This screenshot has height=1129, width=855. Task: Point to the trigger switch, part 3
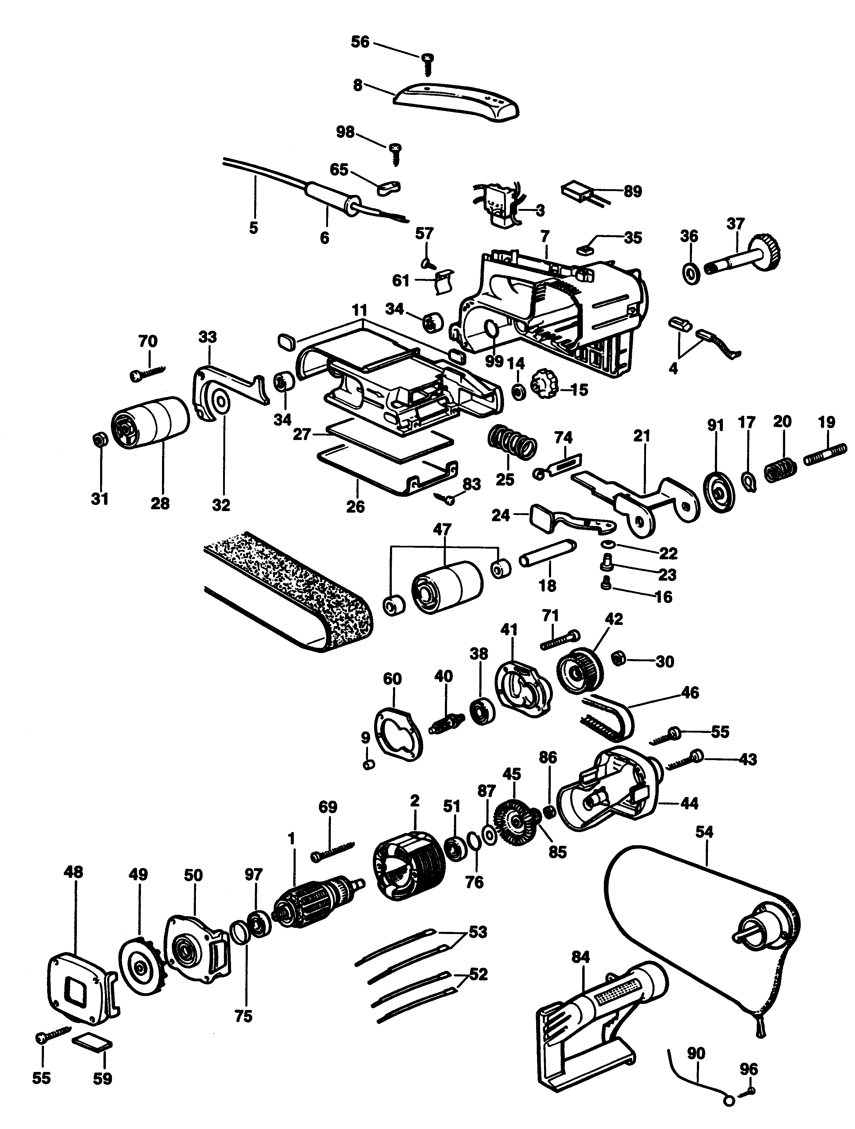click(x=498, y=204)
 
